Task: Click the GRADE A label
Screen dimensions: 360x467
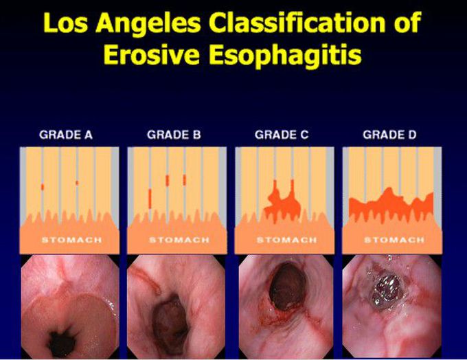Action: pyautogui.click(x=67, y=135)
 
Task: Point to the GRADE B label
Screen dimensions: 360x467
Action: pyautogui.click(x=174, y=135)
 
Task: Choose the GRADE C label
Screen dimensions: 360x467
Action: pyautogui.click(x=282, y=135)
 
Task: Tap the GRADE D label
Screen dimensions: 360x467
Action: pyautogui.click(x=389, y=135)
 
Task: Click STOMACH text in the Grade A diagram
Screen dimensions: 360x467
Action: pyautogui.click(x=71, y=240)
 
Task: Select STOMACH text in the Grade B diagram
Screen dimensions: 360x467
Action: pyautogui.click(x=179, y=240)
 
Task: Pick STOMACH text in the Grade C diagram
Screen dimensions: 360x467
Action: pyautogui.click(x=286, y=240)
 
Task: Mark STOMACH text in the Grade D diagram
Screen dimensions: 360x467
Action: pyautogui.click(x=394, y=240)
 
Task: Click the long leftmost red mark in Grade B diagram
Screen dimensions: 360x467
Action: pyautogui.click(x=149, y=198)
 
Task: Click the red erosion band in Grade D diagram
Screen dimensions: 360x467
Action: pyautogui.click(x=390, y=204)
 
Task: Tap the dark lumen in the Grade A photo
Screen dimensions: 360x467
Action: pyautogui.click(x=63, y=338)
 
